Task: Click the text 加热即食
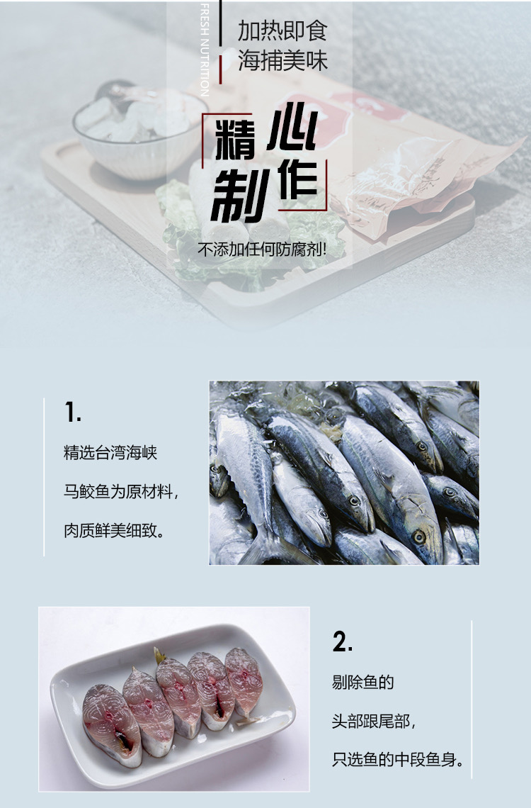tap(282, 31)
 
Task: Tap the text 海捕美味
tap(282, 62)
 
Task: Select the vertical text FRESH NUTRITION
tap(205, 50)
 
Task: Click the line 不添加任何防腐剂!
tap(263, 250)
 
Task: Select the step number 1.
tap(73, 413)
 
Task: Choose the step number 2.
tap(342, 642)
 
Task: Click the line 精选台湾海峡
tap(110, 453)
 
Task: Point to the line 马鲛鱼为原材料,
tap(121, 492)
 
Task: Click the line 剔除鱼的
tap(362, 683)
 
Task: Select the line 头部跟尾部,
tap(374, 721)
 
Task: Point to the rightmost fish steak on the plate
tap(244, 680)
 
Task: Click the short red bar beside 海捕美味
tap(220, 69)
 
